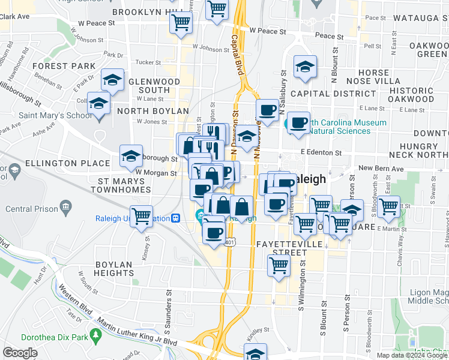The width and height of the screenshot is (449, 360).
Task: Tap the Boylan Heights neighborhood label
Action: [113, 268]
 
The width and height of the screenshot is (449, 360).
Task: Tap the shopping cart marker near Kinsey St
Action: [142, 215]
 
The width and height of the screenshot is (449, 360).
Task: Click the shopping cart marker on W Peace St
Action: [180, 23]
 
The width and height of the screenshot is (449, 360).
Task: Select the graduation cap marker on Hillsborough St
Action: [131, 157]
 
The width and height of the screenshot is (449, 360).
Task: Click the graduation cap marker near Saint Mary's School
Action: [99, 104]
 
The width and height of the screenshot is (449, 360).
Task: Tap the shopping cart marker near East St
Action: [389, 206]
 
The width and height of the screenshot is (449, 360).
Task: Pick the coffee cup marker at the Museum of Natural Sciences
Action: [298, 123]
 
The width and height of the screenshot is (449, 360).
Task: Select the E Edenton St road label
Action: [321, 153]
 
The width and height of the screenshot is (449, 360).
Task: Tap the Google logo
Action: [20, 353]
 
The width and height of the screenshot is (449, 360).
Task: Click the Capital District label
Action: [325, 94]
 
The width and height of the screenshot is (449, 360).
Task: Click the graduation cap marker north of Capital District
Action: [305, 67]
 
